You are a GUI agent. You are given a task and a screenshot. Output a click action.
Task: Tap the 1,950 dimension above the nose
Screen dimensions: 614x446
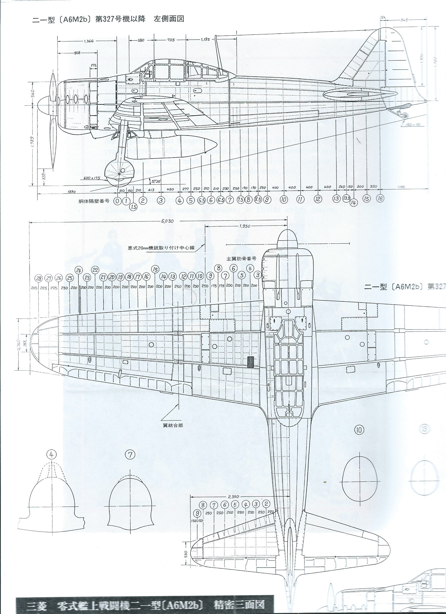click(245, 226)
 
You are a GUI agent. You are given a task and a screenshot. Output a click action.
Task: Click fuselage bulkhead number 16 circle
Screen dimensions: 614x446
click(380, 199)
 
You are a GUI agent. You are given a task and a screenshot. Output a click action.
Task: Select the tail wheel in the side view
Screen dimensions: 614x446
click(405, 116)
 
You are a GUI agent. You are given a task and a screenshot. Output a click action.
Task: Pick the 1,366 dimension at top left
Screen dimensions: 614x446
click(89, 41)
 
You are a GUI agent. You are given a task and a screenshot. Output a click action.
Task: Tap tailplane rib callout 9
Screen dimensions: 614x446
click(198, 513)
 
